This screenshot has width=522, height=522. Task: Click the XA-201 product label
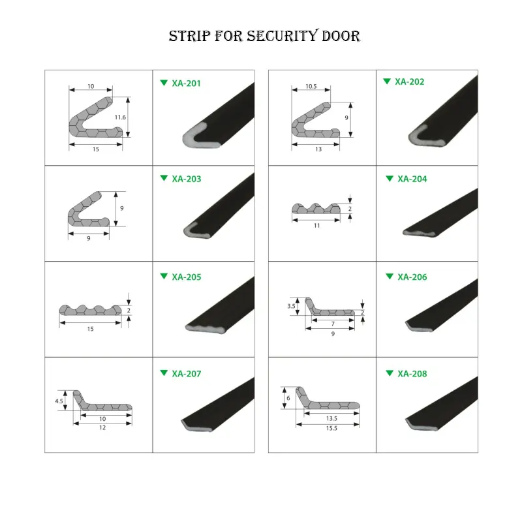[x=187, y=83]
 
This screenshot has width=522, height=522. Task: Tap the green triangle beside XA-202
[x=388, y=82]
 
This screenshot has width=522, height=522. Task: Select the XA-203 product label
[x=187, y=179]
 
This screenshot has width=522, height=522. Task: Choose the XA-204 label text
[x=412, y=179]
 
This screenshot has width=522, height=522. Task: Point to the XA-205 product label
[x=187, y=277]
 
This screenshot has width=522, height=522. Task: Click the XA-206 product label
[x=412, y=277]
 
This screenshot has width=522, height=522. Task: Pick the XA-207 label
[x=187, y=374]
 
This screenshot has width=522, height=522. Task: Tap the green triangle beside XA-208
[x=389, y=373]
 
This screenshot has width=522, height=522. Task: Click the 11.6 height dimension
[x=119, y=117]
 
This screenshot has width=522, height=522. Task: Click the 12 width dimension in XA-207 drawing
[x=102, y=428]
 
